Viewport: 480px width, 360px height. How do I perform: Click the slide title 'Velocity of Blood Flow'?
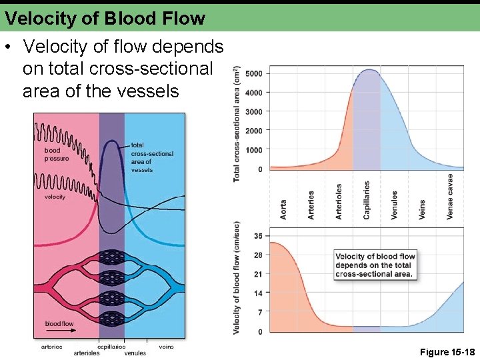[x=105, y=19]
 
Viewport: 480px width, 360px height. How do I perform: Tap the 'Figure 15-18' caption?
[x=447, y=351]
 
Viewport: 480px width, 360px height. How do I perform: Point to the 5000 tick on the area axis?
[x=254, y=73]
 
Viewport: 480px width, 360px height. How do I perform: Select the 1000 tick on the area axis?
[x=254, y=150]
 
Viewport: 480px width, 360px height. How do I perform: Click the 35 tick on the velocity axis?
[x=258, y=236]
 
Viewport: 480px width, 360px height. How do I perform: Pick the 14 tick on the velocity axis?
[x=258, y=293]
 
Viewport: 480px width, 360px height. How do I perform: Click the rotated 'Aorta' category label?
[x=283, y=210]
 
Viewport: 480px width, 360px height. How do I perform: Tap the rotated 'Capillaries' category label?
[x=367, y=200]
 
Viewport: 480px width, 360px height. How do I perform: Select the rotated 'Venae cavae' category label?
[x=450, y=197]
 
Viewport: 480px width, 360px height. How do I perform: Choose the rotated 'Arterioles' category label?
[x=339, y=201]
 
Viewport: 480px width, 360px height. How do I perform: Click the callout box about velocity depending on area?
[x=374, y=265]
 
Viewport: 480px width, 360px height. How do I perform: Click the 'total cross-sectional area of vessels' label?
[x=151, y=157]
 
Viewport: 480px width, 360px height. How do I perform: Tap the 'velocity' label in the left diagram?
[x=55, y=197]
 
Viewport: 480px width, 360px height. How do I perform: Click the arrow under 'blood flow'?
[x=59, y=331]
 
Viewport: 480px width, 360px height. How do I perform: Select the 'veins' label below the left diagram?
[x=166, y=347]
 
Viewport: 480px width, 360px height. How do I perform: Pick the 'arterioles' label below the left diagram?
[x=86, y=353]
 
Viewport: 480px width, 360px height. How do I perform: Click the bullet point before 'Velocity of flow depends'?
[x=8, y=47]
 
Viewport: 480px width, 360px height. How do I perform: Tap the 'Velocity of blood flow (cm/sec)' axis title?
[x=237, y=278]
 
